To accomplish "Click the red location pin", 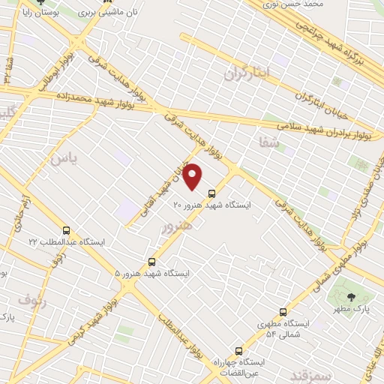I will coord(193,175).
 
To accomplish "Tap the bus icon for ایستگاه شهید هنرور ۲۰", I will coord(211,193).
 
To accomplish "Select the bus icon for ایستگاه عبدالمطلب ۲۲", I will coord(67,230).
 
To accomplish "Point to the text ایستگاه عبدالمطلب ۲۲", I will coord(67,241).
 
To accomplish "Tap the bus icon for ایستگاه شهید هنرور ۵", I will coord(152,262).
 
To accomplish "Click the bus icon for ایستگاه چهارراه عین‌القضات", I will coord(238,350).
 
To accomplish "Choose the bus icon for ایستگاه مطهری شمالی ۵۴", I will coord(283,312).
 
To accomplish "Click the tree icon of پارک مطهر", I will coord(352,298).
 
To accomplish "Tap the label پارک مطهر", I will coord(352,309).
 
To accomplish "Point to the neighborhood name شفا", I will coord(270,142).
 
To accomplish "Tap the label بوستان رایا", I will coord(23,13).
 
